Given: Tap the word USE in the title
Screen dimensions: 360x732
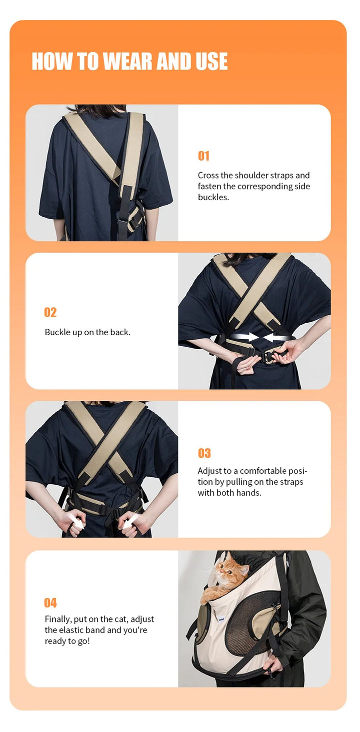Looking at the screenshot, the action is (x=211, y=61).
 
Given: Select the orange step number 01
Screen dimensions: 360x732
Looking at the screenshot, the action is (x=203, y=156).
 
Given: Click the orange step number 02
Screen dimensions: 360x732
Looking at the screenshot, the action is (x=50, y=312).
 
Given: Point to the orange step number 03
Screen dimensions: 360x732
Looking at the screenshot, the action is (x=204, y=453).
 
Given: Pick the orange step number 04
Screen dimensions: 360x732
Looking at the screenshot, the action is (x=50, y=602).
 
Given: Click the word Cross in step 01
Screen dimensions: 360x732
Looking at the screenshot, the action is (x=208, y=176).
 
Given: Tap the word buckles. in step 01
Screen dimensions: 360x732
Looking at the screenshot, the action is (x=213, y=197).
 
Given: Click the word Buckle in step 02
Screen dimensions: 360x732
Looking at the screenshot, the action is (x=57, y=332).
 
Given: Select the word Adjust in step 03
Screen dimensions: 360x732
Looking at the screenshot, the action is (x=209, y=471).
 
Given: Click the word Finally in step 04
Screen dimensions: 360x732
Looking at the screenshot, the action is (x=58, y=619).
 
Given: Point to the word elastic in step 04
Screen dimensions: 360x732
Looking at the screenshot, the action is (x=75, y=630).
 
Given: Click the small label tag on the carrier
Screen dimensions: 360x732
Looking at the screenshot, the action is (x=221, y=618).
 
